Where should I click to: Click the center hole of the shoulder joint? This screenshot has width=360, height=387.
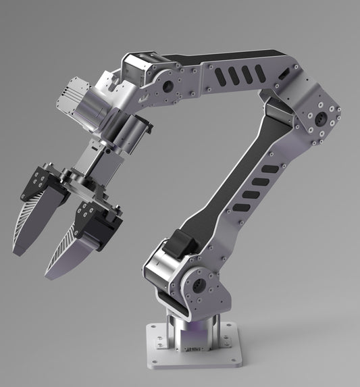(x=198, y=284)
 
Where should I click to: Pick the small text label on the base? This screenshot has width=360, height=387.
(x=192, y=349)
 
